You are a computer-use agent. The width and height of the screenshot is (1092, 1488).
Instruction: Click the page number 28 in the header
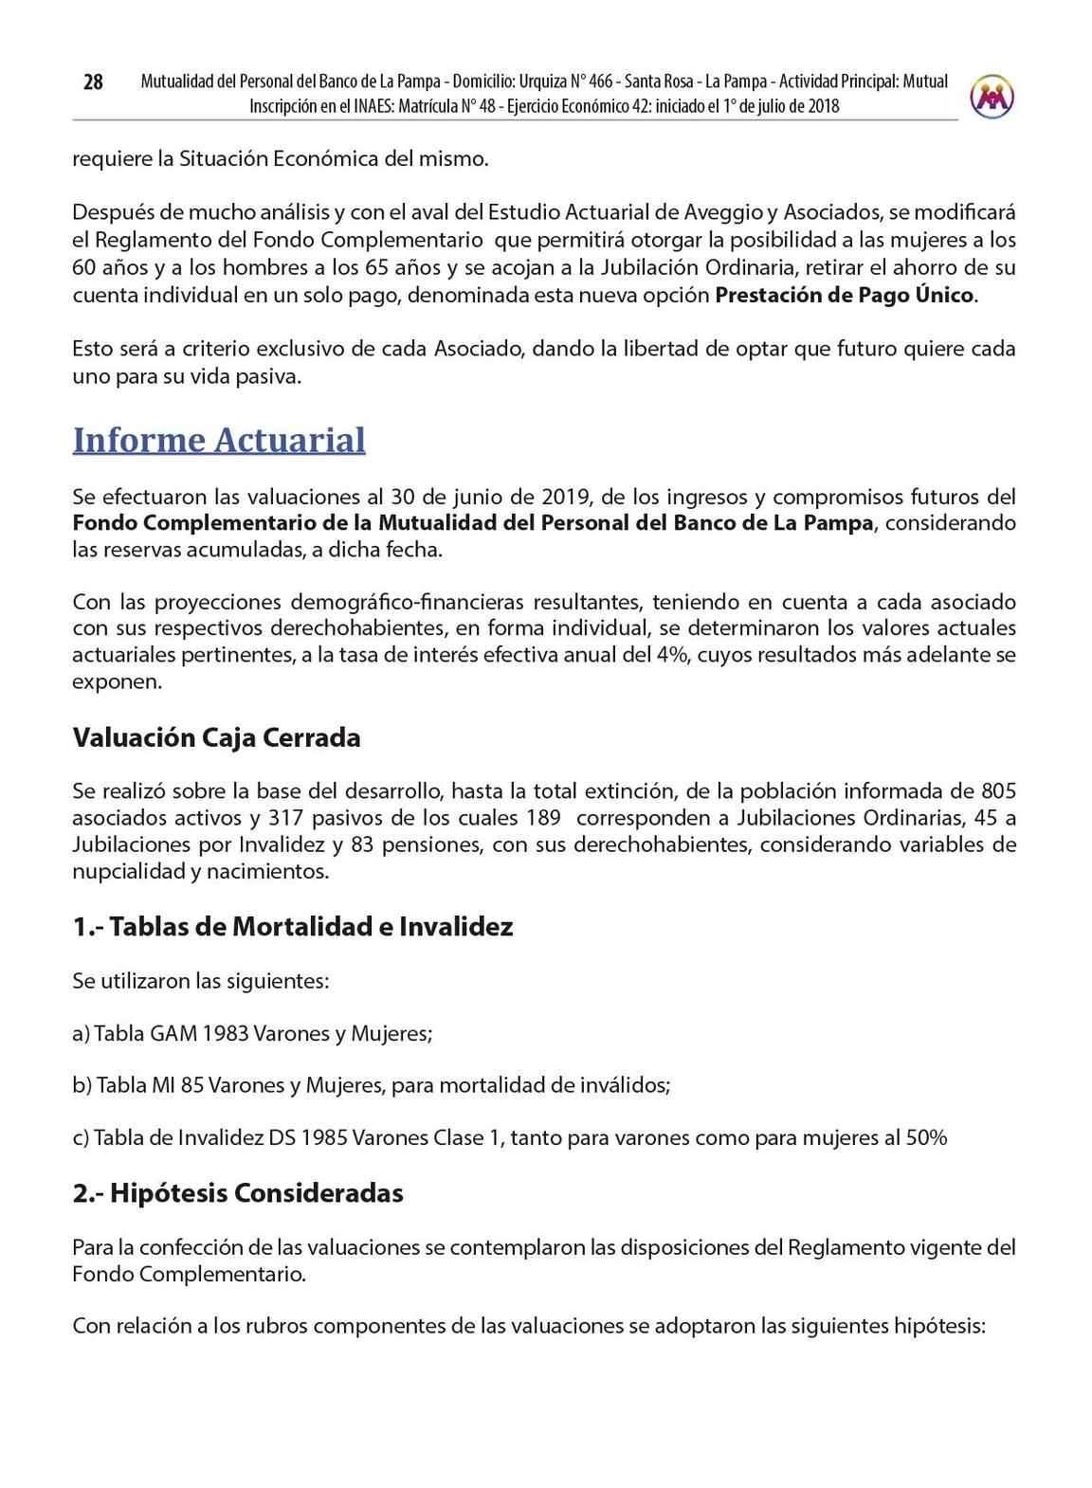pyautogui.click(x=93, y=82)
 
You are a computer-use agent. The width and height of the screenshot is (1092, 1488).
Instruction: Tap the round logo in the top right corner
pyautogui.click(x=992, y=96)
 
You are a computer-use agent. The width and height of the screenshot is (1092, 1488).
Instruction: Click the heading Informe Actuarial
pyautogui.click(x=219, y=441)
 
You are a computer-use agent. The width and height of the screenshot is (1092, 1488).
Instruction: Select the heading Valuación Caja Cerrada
pyautogui.click(x=216, y=738)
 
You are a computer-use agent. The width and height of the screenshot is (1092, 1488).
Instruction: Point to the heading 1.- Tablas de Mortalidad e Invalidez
pyautogui.click(x=293, y=926)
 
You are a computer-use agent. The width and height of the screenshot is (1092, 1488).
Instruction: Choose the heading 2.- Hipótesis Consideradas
pyautogui.click(x=238, y=1192)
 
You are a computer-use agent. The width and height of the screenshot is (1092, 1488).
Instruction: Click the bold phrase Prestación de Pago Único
pyautogui.click(x=844, y=295)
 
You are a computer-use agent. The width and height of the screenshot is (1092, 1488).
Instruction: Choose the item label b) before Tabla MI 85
pyautogui.click(x=82, y=1086)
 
